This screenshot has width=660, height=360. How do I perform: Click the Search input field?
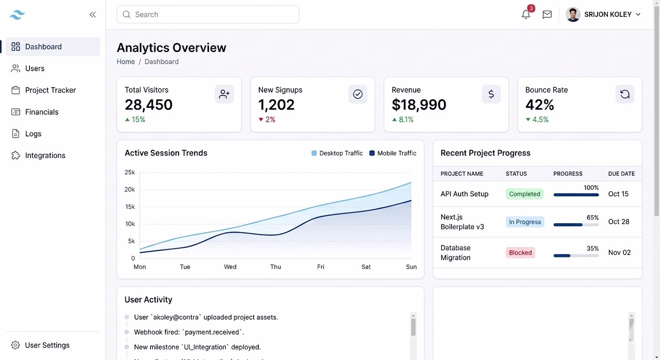pos(208,15)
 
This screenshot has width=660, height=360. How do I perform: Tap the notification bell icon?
pos(526,15)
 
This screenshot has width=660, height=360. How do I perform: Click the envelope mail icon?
pos(547,15)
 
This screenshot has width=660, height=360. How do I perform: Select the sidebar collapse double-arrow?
pos(93,15)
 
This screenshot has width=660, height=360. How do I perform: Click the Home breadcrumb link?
pos(126,62)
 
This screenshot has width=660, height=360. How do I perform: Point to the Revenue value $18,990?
pos(419,105)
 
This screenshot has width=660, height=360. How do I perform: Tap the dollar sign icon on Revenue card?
pos(491,94)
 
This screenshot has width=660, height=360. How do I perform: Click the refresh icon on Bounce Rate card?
pos(625,94)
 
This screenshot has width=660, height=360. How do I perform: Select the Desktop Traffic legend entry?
pos(337,153)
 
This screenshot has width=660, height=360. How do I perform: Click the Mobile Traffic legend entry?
pos(393,153)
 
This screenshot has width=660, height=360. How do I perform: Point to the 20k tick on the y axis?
pos(130,189)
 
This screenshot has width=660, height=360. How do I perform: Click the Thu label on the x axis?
pos(275,267)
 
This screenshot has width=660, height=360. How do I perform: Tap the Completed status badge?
pos(524,194)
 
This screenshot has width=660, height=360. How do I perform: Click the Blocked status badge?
pos(521,253)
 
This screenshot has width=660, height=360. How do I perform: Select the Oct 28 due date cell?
pos(619,221)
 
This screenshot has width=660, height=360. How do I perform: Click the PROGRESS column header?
pos(568,174)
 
